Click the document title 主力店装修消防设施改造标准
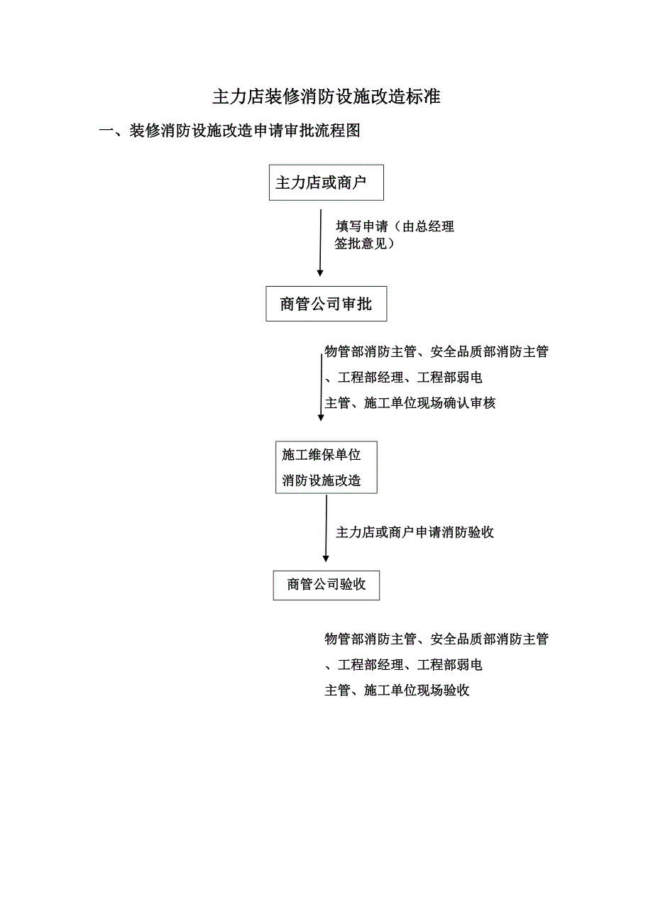(326, 97)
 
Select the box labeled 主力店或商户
(326, 183)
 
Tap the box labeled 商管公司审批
(326, 304)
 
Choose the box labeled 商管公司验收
(326, 585)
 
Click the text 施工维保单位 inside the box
(321, 455)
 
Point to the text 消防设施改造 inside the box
(321, 480)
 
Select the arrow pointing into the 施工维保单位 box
(321, 387)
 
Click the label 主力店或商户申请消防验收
(415, 532)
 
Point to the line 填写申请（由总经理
(395, 227)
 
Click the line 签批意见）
(365, 245)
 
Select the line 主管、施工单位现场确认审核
(410, 403)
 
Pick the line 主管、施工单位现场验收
(397, 691)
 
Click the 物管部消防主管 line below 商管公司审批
(436, 352)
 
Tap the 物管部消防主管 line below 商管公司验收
(436, 639)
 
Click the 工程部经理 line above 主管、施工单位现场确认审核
(403, 378)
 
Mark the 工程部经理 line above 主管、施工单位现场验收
(403, 665)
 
